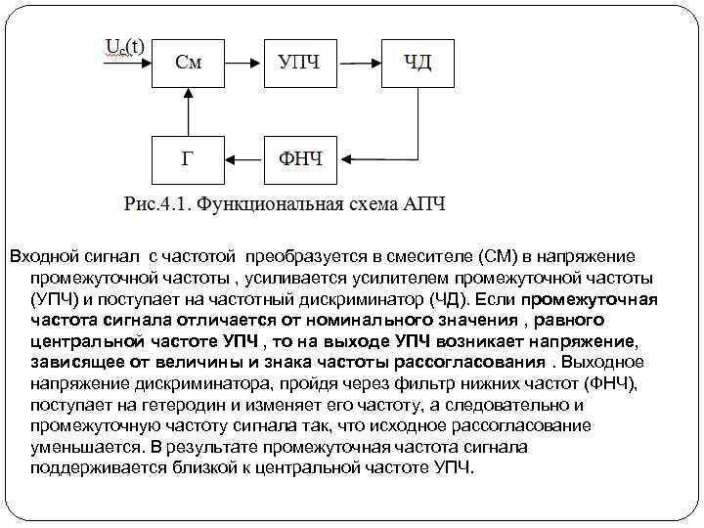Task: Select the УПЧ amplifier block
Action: click(299, 62)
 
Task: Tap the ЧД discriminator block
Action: click(418, 62)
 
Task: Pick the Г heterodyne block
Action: click(189, 158)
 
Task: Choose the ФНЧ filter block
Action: click(300, 158)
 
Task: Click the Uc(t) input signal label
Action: click(124, 46)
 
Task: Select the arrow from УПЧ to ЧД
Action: click(359, 62)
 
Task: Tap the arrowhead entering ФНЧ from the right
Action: click(343, 158)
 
